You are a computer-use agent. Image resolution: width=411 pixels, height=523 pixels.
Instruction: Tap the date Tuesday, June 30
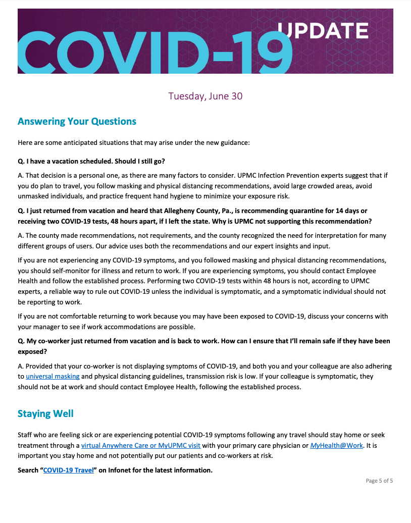(205, 96)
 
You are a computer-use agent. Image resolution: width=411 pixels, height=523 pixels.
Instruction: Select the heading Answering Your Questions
(77, 122)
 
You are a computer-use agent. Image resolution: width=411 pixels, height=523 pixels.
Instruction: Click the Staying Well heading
(45, 413)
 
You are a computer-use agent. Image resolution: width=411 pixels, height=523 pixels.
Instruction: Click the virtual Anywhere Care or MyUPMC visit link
(141, 445)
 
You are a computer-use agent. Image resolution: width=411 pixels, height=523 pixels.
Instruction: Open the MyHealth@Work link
(336, 445)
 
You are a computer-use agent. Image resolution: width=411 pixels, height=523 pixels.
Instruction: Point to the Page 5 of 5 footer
(379, 481)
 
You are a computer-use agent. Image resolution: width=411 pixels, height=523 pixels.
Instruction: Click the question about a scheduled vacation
(91, 161)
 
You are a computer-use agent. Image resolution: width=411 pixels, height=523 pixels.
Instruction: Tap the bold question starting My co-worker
(203, 341)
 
